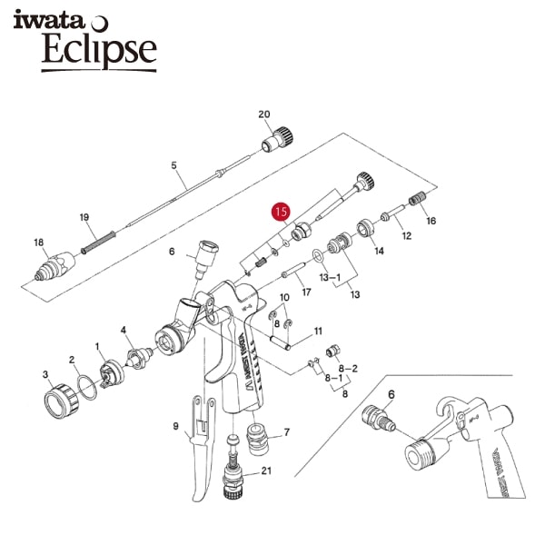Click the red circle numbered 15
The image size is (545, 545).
[282, 212]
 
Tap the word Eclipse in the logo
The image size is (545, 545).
[99, 49]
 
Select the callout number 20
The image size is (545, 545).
[264, 114]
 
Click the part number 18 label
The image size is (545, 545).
[38, 243]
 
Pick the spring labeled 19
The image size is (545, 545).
[98, 242]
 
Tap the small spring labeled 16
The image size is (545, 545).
[417, 198]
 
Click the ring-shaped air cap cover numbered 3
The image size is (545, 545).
[62, 401]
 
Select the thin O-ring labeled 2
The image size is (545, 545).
[86, 388]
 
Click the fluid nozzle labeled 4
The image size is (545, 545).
[139, 358]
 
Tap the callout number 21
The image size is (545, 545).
[266, 471]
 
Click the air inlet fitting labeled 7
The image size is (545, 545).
[257, 439]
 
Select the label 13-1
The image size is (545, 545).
[330, 277]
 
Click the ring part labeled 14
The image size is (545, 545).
[365, 228]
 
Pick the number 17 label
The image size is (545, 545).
[306, 292]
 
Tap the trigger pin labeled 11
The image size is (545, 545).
[281, 342]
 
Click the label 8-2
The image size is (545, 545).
[348, 369]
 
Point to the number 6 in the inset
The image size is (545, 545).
[391, 394]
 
